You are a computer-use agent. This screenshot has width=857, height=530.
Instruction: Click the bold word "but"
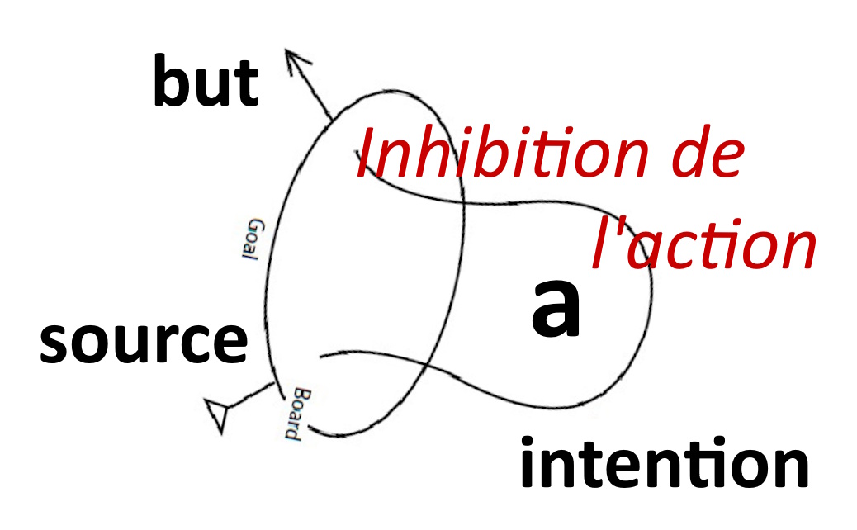tap(206, 81)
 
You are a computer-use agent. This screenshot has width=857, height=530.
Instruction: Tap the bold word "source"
tap(144, 343)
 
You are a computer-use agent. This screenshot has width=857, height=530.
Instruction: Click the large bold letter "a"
tap(556, 309)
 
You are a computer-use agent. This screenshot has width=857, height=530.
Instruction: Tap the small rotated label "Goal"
tap(253, 239)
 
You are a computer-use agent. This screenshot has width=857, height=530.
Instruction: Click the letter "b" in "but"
tap(171, 80)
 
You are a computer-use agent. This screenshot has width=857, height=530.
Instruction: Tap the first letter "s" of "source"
tap(54, 343)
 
